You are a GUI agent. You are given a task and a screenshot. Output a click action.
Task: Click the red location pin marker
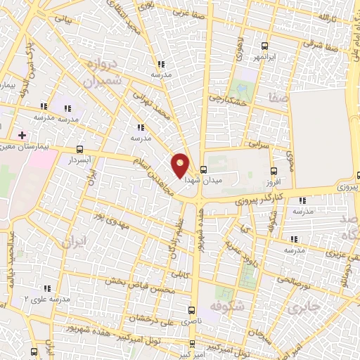pyautogui.click(x=181, y=165)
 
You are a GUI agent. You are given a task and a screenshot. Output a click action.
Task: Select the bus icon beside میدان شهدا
pyautogui.click(x=203, y=169)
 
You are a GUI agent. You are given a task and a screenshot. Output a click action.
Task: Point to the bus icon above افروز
pyautogui.click(x=274, y=170)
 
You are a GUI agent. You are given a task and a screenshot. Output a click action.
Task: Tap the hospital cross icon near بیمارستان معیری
pyautogui.click(x=22, y=134)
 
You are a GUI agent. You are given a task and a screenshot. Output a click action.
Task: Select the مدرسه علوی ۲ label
pyautogui.click(x=46, y=299)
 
